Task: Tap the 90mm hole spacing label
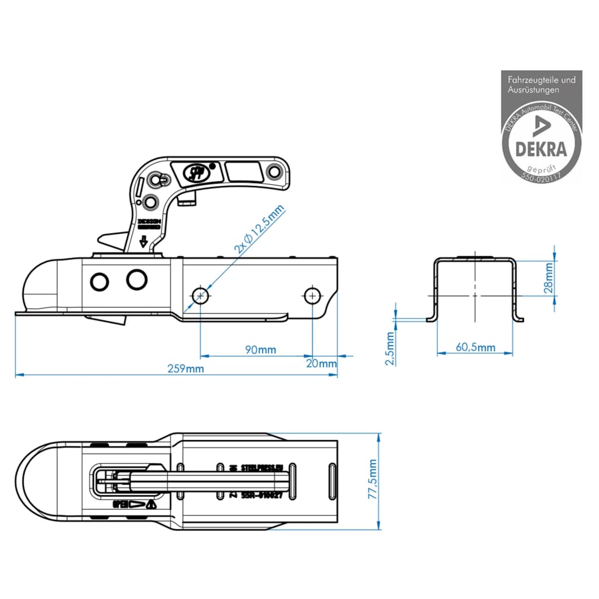point(260,350)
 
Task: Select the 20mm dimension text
point(321,363)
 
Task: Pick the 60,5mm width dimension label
point(475,347)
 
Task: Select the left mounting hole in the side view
point(201,295)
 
